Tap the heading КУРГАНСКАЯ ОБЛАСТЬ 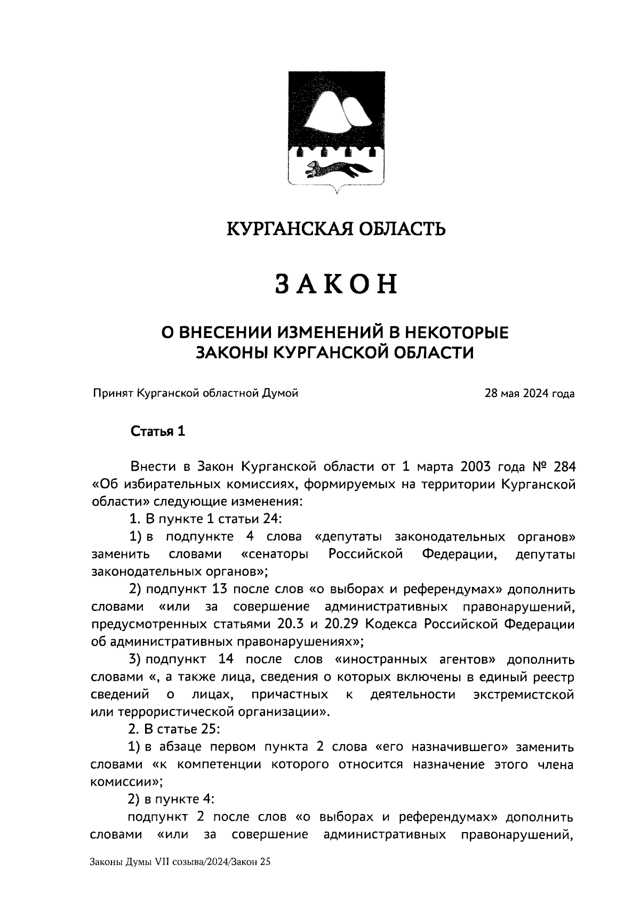tap(336, 229)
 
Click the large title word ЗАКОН tap(337, 284)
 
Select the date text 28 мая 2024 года tap(529, 394)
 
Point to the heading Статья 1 tap(158, 432)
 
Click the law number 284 tap(564, 466)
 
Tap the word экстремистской tap(524, 695)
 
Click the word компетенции tap(219, 764)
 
